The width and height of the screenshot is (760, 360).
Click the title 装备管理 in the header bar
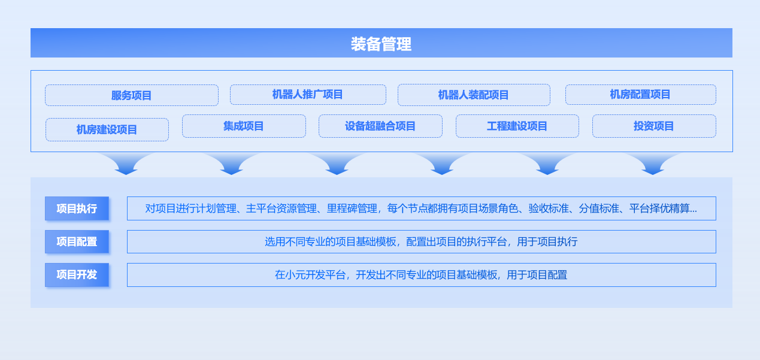[381, 44]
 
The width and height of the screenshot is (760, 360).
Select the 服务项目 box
[132, 95]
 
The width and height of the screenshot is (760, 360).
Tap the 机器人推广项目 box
[308, 95]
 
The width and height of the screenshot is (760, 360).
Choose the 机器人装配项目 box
[474, 95]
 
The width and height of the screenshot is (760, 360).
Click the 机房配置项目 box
[641, 95]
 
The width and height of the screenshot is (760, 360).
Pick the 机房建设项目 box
[107, 129]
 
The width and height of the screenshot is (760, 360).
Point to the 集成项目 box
[244, 126]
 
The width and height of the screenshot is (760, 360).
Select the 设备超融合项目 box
[380, 126]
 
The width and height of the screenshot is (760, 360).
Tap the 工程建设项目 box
[517, 126]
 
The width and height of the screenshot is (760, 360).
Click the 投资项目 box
[654, 126]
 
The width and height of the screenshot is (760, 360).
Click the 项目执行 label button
[77, 208]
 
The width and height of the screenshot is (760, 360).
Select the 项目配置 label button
[77, 241]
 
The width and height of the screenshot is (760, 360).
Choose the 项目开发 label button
[77, 275]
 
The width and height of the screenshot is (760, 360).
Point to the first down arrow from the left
[126, 165]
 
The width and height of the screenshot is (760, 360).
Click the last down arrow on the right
[653, 165]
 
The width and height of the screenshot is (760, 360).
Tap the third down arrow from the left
[337, 165]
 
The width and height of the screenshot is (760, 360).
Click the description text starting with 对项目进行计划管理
[421, 208]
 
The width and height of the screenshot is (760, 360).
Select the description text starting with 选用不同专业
[421, 241]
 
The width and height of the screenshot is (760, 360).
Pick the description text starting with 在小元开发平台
[421, 275]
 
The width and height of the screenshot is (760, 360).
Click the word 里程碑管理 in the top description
[352, 208]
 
